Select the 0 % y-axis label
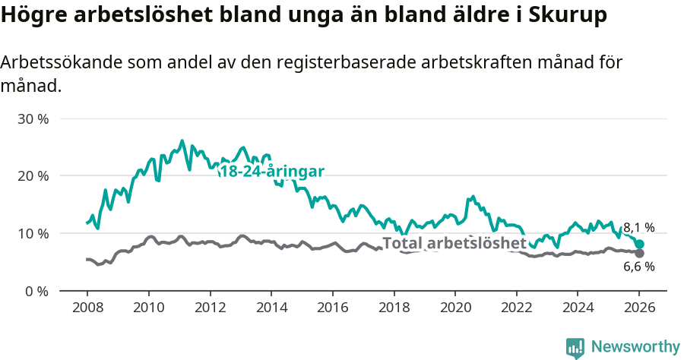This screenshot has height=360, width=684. pyautogui.click(x=38, y=291)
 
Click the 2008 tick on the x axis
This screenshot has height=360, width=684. pyautogui.click(x=87, y=309)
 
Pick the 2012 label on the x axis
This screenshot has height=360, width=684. pyautogui.click(x=210, y=309)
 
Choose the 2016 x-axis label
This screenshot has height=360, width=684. pyautogui.click(x=332, y=309)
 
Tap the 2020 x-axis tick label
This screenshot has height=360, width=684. pyautogui.click(x=454, y=309)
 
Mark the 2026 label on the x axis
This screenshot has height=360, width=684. pyautogui.click(x=639, y=309)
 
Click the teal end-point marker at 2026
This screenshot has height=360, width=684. pyautogui.click(x=639, y=245)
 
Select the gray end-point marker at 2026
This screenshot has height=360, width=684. pyautogui.click(x=639, y=253)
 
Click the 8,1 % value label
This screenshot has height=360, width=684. pyautogui.click(x=638, y=228)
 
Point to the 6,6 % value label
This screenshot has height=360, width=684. pyautogui.click(x=638, y=267)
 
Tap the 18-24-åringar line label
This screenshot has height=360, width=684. pyautogui.click(x=271, y=172)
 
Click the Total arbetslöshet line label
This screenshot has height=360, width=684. pyautogui.click(x=454, y=243)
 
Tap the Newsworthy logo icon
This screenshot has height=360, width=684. pyautogui.click(x=575, y=348)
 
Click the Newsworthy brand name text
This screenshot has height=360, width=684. pyautogui.click(x=635, y=347)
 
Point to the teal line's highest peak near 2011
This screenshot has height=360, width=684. pyautogui.click(x=182, y=141)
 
